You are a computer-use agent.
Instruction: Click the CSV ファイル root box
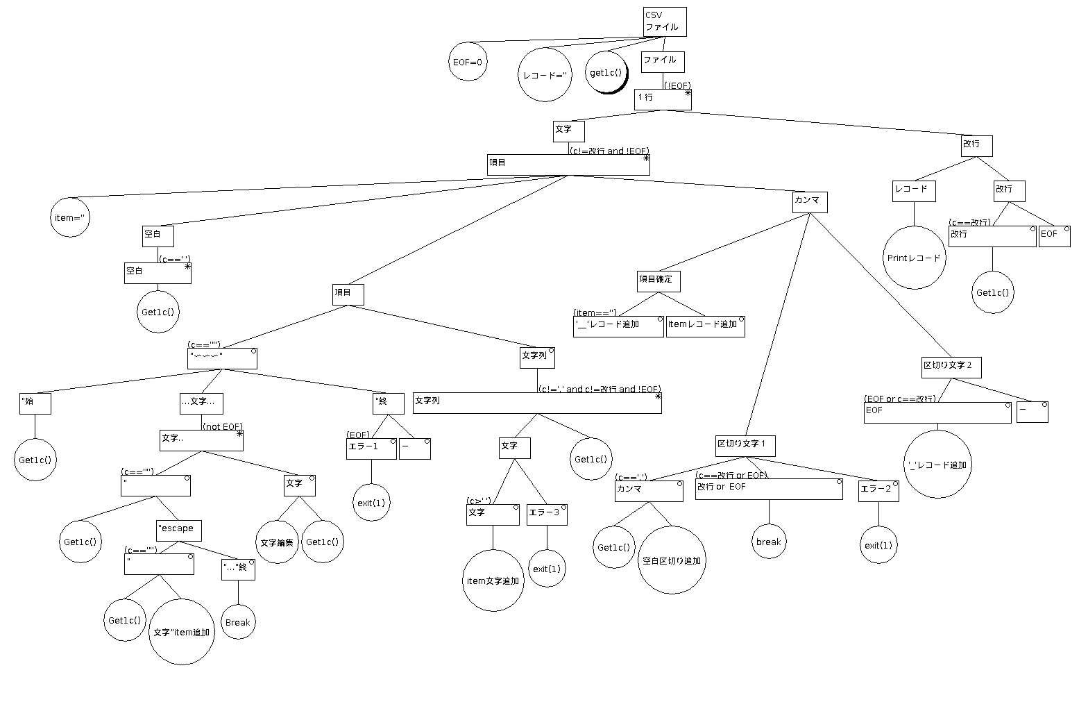coord(664,22)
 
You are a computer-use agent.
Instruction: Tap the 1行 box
coord(663,99)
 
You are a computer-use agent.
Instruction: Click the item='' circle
coord(71,217)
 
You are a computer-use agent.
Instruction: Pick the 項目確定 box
coord(658,281)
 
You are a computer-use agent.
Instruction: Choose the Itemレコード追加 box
coord(705,326)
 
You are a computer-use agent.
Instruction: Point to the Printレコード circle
coord(914,258)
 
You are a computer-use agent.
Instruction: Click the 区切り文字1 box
coord(745,445)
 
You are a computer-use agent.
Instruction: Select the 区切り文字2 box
coord(951,367)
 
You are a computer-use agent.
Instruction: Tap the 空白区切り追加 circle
coord(671,560)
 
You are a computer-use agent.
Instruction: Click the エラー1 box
coord(371,449)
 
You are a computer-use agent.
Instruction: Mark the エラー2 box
coord(878,491)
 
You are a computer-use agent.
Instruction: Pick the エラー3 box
coord(547,515)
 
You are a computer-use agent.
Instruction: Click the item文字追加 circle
coord(493,580)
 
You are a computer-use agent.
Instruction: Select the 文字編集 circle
coord(278,542)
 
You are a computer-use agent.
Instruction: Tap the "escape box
coord(178,530)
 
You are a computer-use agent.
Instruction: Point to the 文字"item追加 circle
coord(181,632)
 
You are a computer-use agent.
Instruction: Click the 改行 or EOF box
coord(768,489)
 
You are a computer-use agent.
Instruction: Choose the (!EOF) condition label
coord(677,85)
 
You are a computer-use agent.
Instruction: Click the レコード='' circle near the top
coord(545,75)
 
